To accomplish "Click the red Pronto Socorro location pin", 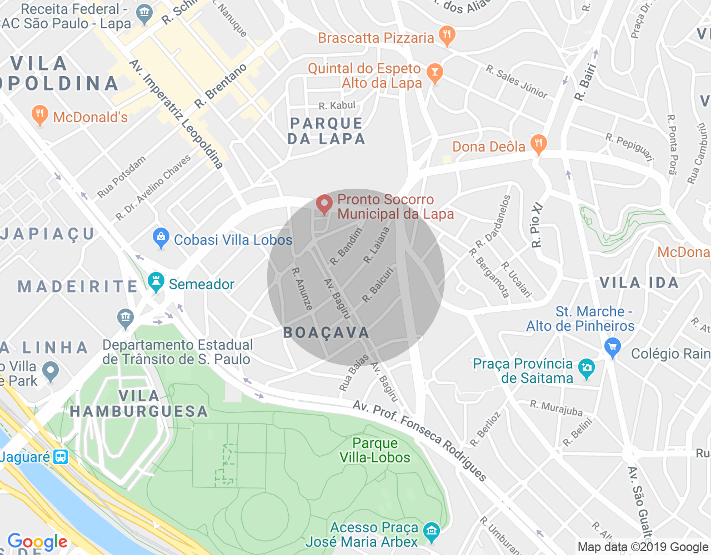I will pyautogui.click(x=324, y=205).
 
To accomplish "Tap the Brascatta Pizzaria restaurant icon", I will pyautogui.click(x=447, y=36).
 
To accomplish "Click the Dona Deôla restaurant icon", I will pyautogui.click(x=538, y=144).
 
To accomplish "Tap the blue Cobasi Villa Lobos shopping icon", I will pyautogui.click(x=161, y=239).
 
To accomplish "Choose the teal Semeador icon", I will pyautogui.click(x=156, y=282).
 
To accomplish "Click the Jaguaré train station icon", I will pyautogui.click(x=60, y=457).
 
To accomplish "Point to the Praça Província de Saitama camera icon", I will pyautogui.click(x=587, y=368).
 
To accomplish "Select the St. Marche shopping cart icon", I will pyautogui.click(x=612, y=347).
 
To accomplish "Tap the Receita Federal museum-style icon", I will pyautogui.click(x=144, y=14).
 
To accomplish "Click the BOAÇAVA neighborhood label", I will pyautogui.click(x=326, y=332).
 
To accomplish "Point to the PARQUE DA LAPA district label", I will pyautogui.click(x=327, y=131).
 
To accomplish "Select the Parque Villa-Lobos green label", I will pyautogui.click(x=375, y=450).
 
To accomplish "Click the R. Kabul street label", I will pyautogui.click(x=337, y=105).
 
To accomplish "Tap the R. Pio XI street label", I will pyautogui.click(x=537, y=225).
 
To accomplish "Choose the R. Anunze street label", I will pyautogui.click(x=303, y=289).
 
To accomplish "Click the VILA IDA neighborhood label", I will pyautogui.click(x=639, y=283).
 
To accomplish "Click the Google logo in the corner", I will pyautogui.click(x=37, y=542).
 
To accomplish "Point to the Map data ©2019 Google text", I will pyautogui.click(x=643, y=547).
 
